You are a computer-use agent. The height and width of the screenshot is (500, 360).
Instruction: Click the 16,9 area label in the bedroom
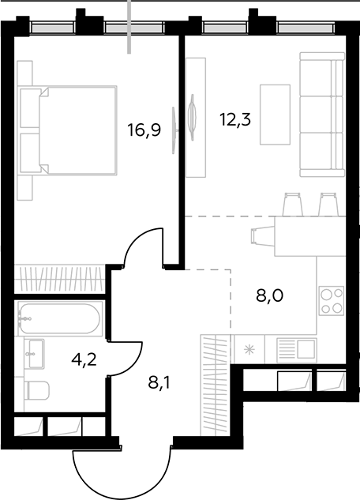tap(144, 130)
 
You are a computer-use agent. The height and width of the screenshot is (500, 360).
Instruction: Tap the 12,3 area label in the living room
tap(235, 119)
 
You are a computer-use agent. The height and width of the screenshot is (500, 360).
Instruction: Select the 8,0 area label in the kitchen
tap(269, 295)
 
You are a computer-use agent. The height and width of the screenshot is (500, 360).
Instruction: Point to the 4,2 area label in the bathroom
tap(84, 360)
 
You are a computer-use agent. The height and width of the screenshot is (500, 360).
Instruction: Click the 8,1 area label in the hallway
tap(159, 382)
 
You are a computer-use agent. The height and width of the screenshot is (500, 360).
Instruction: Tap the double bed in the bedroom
tap(67, 130)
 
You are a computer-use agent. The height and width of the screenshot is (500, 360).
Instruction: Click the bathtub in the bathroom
tap(60, 318)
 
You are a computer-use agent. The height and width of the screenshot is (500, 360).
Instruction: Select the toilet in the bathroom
tap(37, 390)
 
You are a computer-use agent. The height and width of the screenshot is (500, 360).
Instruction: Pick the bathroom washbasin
tap(35, 353)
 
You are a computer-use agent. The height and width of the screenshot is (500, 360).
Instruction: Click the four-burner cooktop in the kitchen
tap(332, 301)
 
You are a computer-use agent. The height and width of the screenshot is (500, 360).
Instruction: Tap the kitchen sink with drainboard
tap(297, 350)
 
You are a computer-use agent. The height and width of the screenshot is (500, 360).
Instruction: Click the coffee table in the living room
tap(275, 115)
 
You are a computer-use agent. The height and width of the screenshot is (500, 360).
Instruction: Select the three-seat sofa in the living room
tap(322, 115)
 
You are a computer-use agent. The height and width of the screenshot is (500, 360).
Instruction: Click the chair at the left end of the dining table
tap(263, 236)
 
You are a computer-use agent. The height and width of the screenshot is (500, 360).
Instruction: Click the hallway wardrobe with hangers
tap(215, 385)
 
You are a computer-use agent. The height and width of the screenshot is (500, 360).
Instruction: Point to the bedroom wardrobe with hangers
tap(59, 279)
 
